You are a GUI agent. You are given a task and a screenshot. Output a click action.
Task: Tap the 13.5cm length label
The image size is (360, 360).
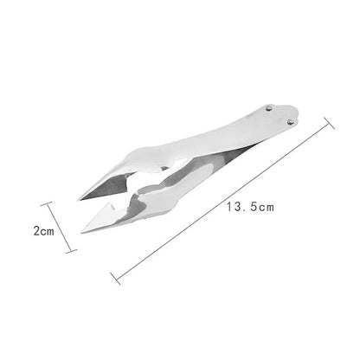coord(249,207)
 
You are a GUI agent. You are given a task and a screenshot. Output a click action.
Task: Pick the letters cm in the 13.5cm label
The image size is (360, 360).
coord(265,207)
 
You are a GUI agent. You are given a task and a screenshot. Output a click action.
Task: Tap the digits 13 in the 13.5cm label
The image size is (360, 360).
coord(233,207)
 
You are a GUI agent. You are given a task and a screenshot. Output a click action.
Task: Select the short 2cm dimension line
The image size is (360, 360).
coord(60,228)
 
